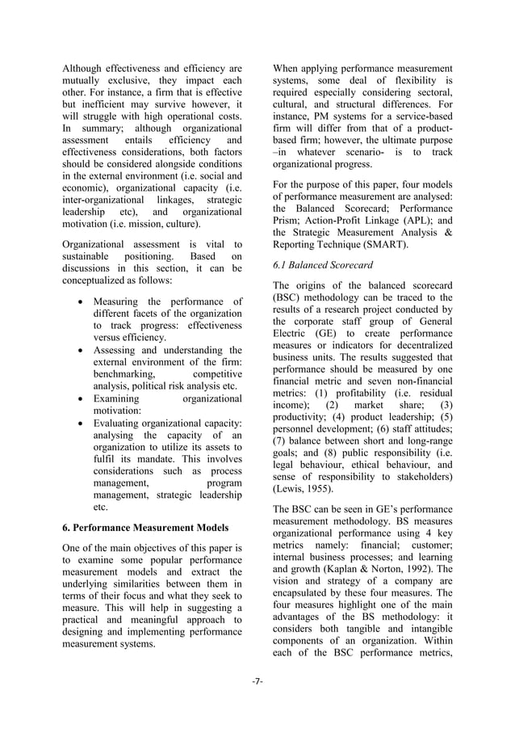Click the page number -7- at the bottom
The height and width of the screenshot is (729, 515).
point(257,681)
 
